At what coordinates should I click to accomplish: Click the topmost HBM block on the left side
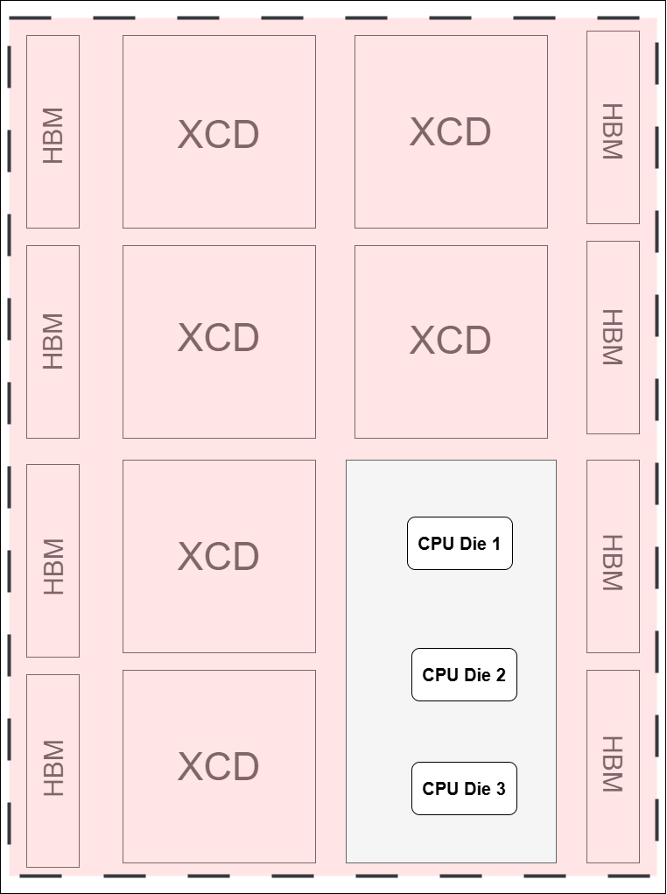pyautogui.click(x=53, y=131)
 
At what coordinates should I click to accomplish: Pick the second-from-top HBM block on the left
pyautogui.click(x=53, y=341)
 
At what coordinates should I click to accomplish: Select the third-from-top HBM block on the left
pyautogui.click(x=53, y=560)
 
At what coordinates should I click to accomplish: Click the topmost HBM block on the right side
pyautogui.click(x=613, y=127)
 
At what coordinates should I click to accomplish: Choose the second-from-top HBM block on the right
pyautogui.click(x=613, y=337)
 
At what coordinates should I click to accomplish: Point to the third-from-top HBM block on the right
pyautogui.click(x=613, y=556)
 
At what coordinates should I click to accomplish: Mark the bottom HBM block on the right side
pyautogui.click(x=613, y=766)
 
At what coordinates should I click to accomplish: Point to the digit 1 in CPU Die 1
pyautogui.click(x=495, y=544)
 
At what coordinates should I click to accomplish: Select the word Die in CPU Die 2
pyautogui.click(x=477, y=675)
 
